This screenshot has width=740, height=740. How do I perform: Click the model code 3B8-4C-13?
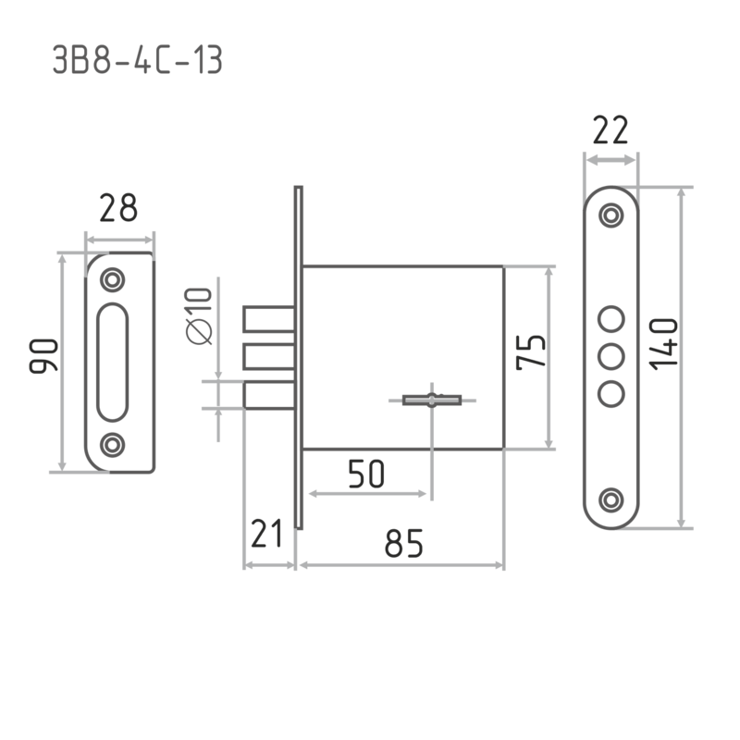click(x=137, y=60)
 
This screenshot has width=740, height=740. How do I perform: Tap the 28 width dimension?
click(x=118, y=208)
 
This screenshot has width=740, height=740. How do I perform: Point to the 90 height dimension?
click(x=43, y=356)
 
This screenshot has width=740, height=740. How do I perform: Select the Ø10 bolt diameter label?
click(x=199, y=315)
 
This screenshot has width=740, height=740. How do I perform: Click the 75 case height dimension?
click(x=530, y=352)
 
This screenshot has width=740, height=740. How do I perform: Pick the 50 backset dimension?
click(x=366, y=474)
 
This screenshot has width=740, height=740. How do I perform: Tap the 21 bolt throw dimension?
click(x=266, y=534)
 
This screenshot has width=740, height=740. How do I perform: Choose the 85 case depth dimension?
click(x=403, y=543)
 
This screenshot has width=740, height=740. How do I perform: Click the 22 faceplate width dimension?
click(x=610, y=129)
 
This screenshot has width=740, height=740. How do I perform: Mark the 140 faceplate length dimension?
click(x=663, y=344)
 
